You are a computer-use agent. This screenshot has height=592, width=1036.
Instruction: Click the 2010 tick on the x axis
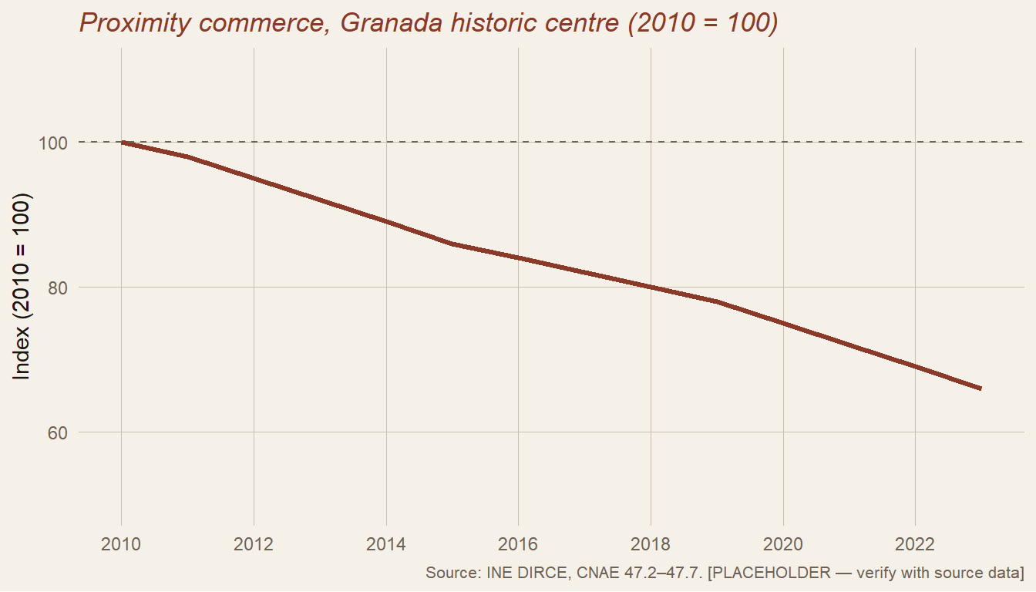pos(121,544)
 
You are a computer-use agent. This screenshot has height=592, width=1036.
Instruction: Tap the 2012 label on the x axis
pos(254,544)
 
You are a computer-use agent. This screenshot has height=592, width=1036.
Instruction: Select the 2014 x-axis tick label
pos(386,544)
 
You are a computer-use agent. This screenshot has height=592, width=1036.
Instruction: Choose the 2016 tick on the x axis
pos(518,544)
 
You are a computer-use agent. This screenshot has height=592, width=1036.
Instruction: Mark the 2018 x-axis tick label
pos(651,544)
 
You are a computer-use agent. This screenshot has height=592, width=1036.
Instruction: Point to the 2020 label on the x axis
pos(783,544)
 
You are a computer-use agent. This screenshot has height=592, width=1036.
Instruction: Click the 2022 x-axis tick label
pos(915,544)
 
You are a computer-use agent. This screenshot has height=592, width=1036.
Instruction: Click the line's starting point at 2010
pos(122,143)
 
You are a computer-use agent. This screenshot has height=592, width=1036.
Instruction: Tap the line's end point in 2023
pos(980,388)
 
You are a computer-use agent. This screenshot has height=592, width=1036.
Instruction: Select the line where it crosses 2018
pos(651,288)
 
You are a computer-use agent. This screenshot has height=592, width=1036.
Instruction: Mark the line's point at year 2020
pos(783,324)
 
